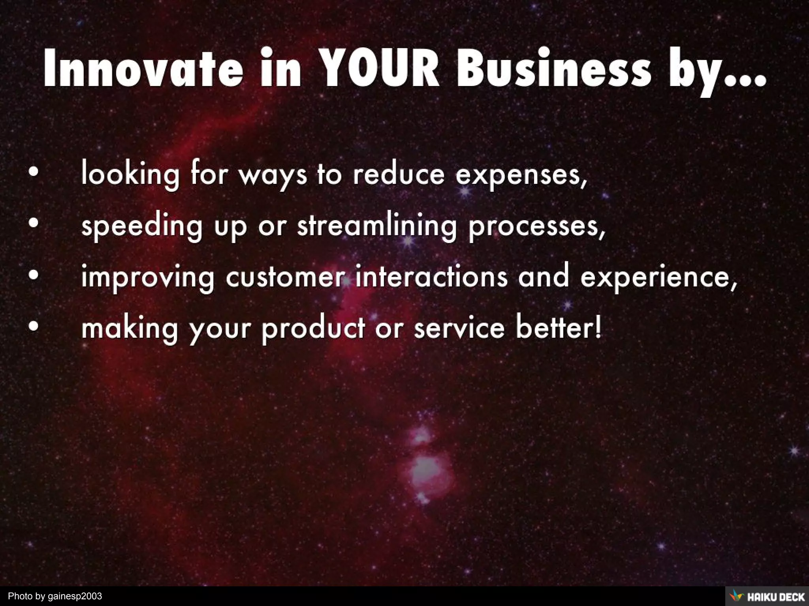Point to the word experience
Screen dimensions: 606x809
tap(658, 279)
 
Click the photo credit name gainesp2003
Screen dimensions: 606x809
tap(75, 596)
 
